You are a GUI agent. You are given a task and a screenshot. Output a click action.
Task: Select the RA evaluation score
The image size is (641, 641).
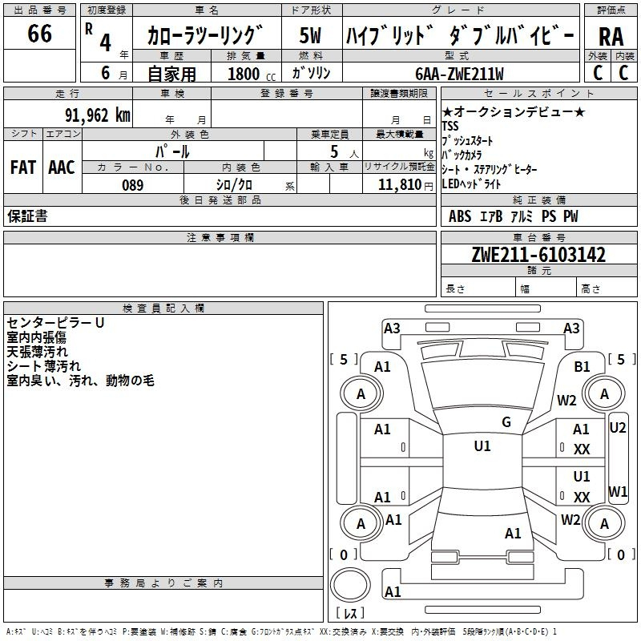tap(611, 36)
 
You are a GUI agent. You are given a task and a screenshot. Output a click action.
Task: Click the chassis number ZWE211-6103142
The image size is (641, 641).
tap(538, 255)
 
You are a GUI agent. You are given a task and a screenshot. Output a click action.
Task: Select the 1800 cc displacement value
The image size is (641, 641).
tap(244, 75)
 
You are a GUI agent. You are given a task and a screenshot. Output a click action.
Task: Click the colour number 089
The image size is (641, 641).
tap(132, 185)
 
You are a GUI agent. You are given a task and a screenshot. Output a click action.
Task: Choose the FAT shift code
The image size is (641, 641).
tap(23, 167)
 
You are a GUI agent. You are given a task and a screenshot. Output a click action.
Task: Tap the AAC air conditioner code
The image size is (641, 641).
tap(61, 167)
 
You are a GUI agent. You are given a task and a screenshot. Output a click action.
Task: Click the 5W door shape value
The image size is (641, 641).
tap(311, 36)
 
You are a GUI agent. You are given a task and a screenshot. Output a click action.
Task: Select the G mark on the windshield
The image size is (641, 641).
tap(506, 422)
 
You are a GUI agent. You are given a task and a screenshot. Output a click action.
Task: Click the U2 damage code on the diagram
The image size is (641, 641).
tap(618, 428)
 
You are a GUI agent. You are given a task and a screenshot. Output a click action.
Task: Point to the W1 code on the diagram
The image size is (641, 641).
tap(618, 490)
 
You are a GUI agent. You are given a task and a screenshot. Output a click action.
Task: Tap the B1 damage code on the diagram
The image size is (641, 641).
tap(582, 366)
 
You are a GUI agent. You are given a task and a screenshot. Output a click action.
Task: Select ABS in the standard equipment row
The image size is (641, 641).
tap(460, 216)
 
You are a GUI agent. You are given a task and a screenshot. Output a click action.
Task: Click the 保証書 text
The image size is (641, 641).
tap(27, 216)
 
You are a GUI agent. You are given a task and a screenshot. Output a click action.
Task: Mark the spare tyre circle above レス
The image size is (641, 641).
tap(350, 584)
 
